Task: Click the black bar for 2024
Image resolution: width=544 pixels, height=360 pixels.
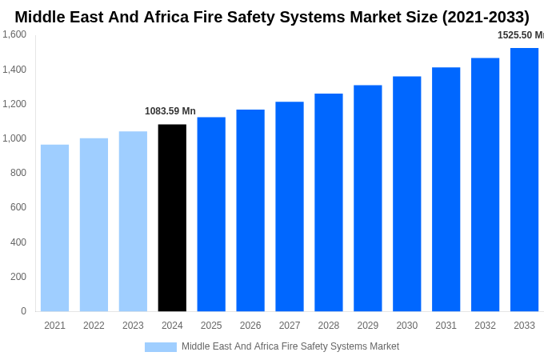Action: (x=172, y=218)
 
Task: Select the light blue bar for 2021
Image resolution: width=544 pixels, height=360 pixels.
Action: (x=54, y=228)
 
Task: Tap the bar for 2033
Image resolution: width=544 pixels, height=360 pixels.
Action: (x=524, y=179)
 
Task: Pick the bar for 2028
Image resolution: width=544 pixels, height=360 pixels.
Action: (x=328, y=202)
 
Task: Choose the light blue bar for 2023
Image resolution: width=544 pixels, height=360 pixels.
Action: (x=133, y=221)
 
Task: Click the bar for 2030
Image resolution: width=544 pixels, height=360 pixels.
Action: (x=406, y=194)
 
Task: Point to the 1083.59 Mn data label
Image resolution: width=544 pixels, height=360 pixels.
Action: (x=170, y=111)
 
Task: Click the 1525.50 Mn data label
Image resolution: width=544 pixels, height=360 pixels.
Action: (x=520, y=35)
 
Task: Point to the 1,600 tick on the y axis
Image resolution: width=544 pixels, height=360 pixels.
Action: (x=14, y=34)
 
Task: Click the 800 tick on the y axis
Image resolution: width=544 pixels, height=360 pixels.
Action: (x=18, y=173)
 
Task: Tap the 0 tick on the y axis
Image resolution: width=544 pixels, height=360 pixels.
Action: (x=23, y=311)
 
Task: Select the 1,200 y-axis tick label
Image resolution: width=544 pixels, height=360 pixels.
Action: (x=14, y=104)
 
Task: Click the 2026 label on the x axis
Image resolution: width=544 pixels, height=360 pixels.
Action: (x=250, y=326)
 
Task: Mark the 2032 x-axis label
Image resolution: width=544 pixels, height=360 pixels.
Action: (x=485, y=326)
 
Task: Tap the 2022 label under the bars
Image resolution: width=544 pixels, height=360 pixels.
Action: (x=94, y=326)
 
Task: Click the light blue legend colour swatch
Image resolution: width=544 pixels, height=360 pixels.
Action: (x=160, y=346)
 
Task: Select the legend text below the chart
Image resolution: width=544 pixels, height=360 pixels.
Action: (x=290, y=346)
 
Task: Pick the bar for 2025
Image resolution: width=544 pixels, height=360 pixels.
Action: (x=211, y=214)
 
